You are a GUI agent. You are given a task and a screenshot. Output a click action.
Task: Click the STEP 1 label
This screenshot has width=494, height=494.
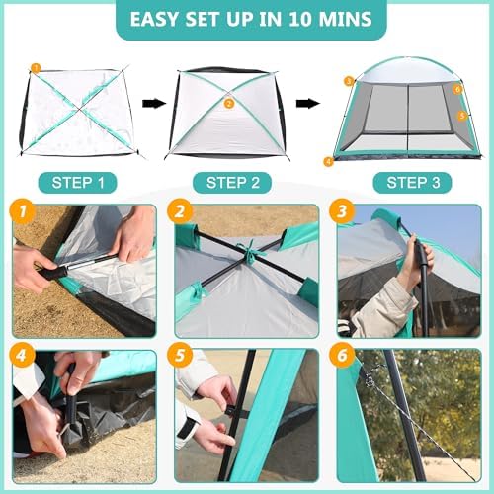click(79, 183)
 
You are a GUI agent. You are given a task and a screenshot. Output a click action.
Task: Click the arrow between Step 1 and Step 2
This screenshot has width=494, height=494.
click(153, 102)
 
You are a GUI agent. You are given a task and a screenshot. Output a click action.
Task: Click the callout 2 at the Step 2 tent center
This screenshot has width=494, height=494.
click(229, 102)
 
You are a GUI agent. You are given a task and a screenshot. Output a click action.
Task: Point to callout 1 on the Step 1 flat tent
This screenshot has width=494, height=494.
click(36, 68)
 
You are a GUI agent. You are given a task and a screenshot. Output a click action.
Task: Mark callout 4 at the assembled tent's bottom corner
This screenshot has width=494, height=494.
click(328, 160)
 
